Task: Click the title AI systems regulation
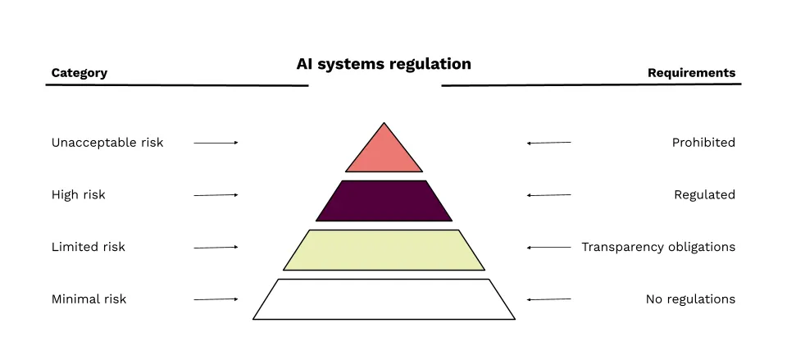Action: [384, 64]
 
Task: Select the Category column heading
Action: [79, 73]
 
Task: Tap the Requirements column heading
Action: [691, 73]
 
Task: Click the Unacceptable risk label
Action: [107, 143]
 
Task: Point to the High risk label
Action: [79, 195]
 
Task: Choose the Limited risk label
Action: [89, 247]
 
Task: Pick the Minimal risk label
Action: [89, 299]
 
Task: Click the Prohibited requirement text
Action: [703, 143]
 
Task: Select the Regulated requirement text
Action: [704, 195]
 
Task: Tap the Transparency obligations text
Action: [658, 247]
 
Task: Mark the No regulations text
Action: [690, 299]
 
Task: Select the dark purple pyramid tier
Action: [384, 201]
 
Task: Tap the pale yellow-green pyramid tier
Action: [384, 250]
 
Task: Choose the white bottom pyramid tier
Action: [384, 299]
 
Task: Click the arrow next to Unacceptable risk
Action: [216, 143]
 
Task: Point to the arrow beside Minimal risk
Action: [216, 299]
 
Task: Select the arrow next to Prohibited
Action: [549, 143]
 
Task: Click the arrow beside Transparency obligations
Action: [549, 247]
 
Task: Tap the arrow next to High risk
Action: [216, 195]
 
